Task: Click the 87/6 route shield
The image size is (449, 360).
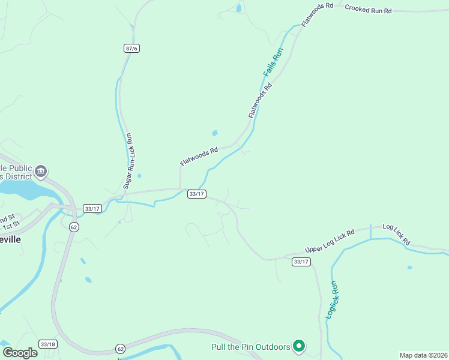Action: coord(132,48)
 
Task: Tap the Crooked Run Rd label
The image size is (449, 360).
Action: coord(368,10)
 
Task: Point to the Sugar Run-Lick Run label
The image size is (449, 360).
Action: coord(128,162)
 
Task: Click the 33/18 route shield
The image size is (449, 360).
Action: coord(47,344)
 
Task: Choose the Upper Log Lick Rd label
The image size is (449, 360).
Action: coord(330,241)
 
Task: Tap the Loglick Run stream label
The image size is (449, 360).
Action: coord(332,299)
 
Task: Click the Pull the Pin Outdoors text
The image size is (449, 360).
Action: coord(250,346)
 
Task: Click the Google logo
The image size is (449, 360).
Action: coord(19,353)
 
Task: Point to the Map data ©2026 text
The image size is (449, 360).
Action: coord(424,355)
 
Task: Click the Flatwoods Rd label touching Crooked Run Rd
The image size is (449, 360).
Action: coord(317,15)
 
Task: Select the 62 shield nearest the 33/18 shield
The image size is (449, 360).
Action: coord(121,349)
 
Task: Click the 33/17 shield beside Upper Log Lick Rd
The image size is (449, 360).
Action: coord(301,262)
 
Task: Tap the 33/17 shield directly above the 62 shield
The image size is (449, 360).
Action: coord(92,208)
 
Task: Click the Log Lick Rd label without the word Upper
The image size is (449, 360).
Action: coord(396,235)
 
